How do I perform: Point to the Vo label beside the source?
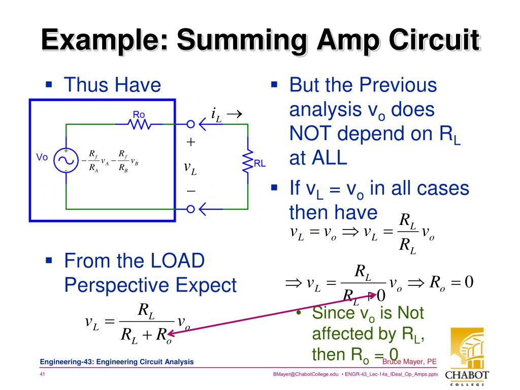(x=42, y=157)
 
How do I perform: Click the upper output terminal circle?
(x=190, y=124)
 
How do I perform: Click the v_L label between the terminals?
(x=190, y=168)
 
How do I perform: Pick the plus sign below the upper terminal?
(x=190, y=142)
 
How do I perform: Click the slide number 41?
(x=43, y=374)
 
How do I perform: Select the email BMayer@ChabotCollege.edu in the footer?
(x=306, y=374)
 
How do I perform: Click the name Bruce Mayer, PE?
(x=409, y=362)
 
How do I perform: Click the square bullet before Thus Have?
(x=49, y=82)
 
